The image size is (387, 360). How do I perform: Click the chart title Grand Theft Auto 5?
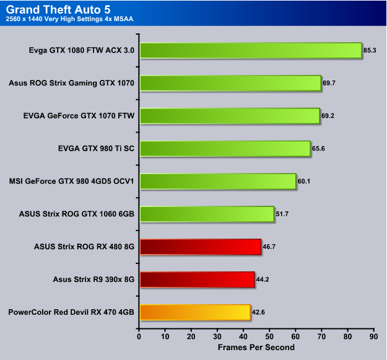[x=58, y=10]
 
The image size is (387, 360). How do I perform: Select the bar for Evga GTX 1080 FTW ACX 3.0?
[x=251, y=50]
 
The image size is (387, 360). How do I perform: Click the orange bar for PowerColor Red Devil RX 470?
[x=195, y=312]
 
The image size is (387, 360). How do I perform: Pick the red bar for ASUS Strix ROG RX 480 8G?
[x=201, y=247]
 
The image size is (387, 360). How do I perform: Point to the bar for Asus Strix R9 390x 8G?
[x=197, y=279]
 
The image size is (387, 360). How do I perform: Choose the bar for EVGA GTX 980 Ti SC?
[x=225, y=149]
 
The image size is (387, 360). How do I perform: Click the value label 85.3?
[x=370, y=50]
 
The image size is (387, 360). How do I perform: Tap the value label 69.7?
[x=329, y=83]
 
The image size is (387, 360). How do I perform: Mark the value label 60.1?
[x=304, y=181]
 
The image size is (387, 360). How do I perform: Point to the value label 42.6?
[x=258, y=312]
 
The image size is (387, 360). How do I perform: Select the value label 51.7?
[x=282, y=214]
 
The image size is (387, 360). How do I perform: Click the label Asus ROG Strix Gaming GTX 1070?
[x=71, y=83]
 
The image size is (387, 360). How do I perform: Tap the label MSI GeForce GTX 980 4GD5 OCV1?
[x=72, y=181]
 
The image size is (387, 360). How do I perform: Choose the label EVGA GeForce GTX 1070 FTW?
[x=79, y=115]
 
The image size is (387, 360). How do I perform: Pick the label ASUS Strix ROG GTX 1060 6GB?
[x=77, y=214]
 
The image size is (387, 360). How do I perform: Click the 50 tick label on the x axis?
[x=269, y=336]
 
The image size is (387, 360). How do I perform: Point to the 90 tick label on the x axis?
[x=373, y=336]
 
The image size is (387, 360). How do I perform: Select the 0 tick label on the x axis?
[x=139, y=336]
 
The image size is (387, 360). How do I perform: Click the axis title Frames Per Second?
[x=256, y=348]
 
